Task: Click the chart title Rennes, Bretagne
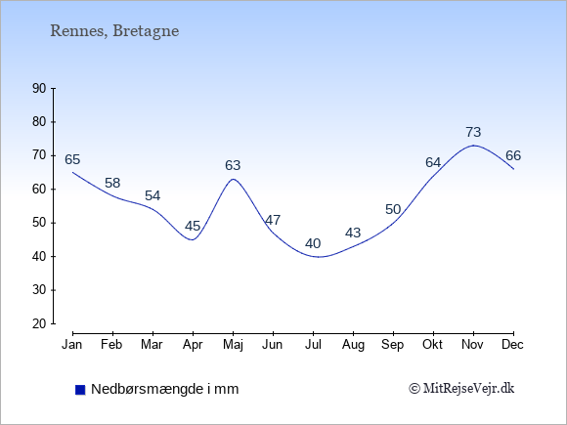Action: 114,31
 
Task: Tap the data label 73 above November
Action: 473,132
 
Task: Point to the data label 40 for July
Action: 313,243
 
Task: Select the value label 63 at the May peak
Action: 233,165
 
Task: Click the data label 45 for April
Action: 193,227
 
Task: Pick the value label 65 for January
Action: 72,159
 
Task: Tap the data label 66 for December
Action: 513,155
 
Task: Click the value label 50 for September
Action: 393,209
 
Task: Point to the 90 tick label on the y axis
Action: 39,88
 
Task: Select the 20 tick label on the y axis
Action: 39,323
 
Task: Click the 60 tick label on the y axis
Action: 39,189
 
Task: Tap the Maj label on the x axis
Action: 233,345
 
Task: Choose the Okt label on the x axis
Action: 432,345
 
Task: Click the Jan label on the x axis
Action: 72,345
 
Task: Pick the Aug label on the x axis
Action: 353,345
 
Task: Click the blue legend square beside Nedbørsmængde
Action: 80,390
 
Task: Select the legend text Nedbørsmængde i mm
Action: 165,389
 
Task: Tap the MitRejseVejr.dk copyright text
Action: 461,389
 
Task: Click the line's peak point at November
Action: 473,146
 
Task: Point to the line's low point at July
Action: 318,257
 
